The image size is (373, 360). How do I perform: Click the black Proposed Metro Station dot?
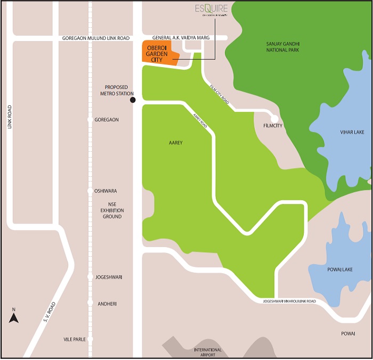click(x=133, y=100)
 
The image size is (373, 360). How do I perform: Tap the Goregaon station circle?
click(x=90, y=120)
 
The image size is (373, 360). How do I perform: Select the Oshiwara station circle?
click(x=90, y=191)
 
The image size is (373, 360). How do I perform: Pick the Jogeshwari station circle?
click(x=90, y=277)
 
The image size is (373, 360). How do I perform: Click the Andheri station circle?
click(x=90, y=303)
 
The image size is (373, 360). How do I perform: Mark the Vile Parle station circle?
click(x=90, y=339)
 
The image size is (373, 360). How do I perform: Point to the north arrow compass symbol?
click(x=14, y=317)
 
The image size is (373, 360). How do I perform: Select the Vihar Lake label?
click(x=352, y=132)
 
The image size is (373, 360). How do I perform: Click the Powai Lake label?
click(x=338, y=269)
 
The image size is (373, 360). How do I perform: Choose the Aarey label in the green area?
click(x=175, y=143)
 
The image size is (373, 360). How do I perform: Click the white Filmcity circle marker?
click(x=274, y=119)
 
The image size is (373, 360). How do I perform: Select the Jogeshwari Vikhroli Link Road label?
click(x=289, y=301)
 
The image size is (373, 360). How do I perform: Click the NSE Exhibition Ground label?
click(x=112, y=210)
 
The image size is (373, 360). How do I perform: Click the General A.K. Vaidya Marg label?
click(x=181, y=38)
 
